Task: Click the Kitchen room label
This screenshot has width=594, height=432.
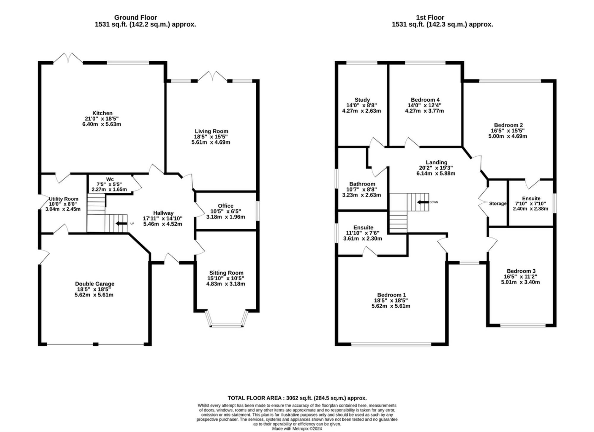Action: [102, 113]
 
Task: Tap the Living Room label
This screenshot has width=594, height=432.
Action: [211, 131]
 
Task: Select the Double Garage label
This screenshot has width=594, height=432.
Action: [94, 284]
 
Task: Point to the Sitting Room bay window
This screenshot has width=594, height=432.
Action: [227, 325]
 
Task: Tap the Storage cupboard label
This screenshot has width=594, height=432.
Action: [497, 204]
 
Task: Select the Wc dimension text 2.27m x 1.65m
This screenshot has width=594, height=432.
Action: [109, 189]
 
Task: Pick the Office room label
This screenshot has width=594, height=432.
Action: [225, 206]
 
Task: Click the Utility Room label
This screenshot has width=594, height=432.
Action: [64, 199]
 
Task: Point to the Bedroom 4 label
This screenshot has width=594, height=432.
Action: [425, 100]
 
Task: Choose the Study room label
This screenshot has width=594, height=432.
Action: [362, 100]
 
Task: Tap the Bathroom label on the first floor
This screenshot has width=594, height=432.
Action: [362, 184]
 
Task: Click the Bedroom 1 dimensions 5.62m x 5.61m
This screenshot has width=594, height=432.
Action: [391, 306]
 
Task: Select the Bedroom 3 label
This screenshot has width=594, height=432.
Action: [521, 271]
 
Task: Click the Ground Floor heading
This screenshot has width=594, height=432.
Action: [135, 18]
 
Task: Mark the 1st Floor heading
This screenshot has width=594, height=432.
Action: [430, 18]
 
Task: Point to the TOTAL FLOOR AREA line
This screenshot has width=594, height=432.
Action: [297, 398]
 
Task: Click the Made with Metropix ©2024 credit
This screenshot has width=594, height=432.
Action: [297, 429]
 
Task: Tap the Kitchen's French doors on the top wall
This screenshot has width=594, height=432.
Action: [68, 58]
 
